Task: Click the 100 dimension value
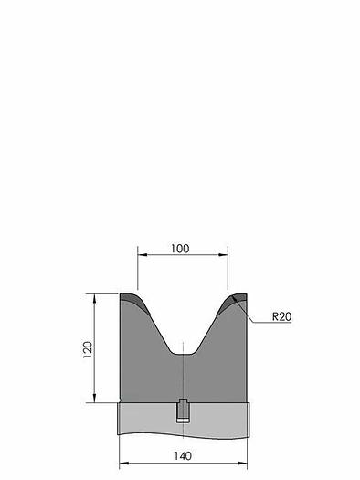point(180,249)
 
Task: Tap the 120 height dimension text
point(88,349)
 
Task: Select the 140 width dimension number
point(183,456)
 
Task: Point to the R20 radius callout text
point(281,316)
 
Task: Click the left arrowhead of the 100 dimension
point(143,254)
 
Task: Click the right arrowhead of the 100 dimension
point(223,254)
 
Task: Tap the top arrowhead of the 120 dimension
point(94,298)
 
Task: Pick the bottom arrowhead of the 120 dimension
point(94,398)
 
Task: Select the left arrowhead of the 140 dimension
point(123,464)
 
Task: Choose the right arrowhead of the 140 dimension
point(242,464)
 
